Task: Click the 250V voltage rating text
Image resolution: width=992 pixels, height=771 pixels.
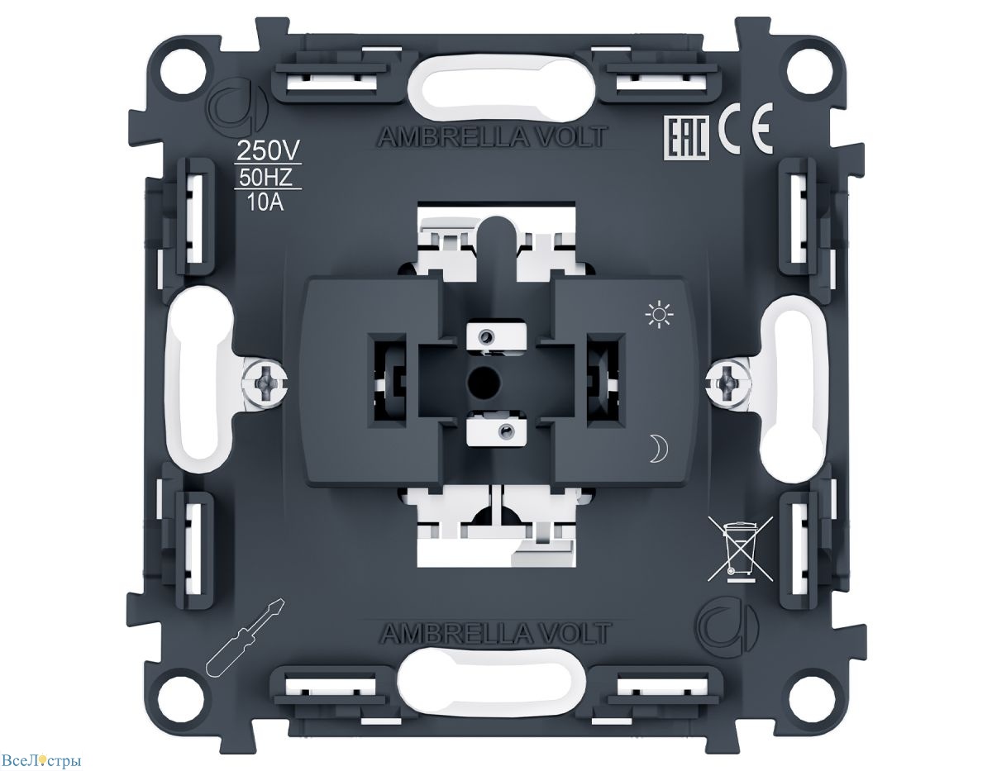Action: point(268,150)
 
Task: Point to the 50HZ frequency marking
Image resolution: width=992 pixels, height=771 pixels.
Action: point(265,178)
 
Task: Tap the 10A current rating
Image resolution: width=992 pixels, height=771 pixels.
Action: point(265,202)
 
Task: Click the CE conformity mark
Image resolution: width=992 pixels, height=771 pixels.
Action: point(746,128)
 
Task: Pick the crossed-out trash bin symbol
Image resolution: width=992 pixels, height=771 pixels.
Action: point(740,548)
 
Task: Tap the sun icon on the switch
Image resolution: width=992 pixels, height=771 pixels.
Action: point(659,314)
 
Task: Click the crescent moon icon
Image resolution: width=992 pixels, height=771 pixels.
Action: point(658,449)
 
